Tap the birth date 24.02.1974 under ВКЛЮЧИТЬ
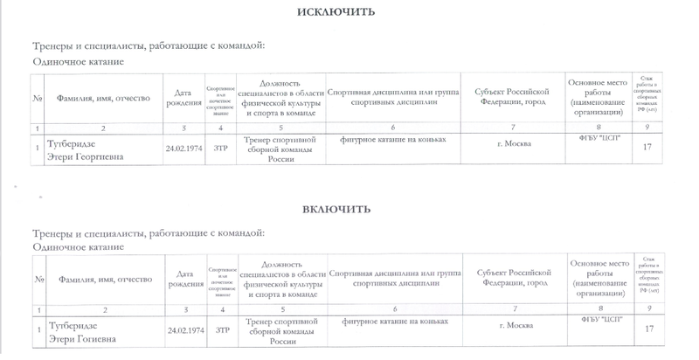(x=185, y=330)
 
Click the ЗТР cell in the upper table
(x=222, y=147)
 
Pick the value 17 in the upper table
(x=647, y=147)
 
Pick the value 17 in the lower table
(x=648, y=329)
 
